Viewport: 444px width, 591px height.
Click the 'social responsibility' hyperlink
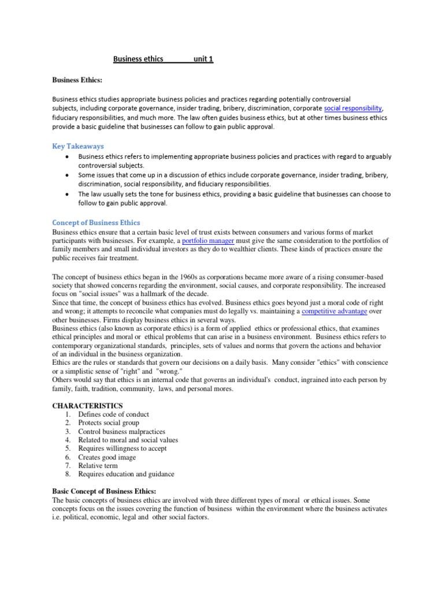click(353, 108)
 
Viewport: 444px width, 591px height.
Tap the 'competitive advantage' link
click(334, 311)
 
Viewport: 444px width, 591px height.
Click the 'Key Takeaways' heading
click(78, 146)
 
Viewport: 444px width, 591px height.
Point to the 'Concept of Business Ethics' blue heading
click(96, 222)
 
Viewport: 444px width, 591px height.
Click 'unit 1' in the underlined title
click(203, 59)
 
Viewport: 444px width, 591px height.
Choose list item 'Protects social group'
click(110, 423)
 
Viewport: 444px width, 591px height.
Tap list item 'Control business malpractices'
click(121, 431)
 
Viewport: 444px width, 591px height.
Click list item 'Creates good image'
click(107, 457)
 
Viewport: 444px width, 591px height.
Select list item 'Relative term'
click(98, 466)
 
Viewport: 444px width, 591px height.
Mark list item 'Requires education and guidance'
click(126, 474)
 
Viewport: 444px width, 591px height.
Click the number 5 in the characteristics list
click(68, 448)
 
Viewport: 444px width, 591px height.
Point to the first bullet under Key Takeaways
click(68, 156)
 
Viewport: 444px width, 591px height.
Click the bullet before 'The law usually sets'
click(68, 194)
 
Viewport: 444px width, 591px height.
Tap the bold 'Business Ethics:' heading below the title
click(77, 80)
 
